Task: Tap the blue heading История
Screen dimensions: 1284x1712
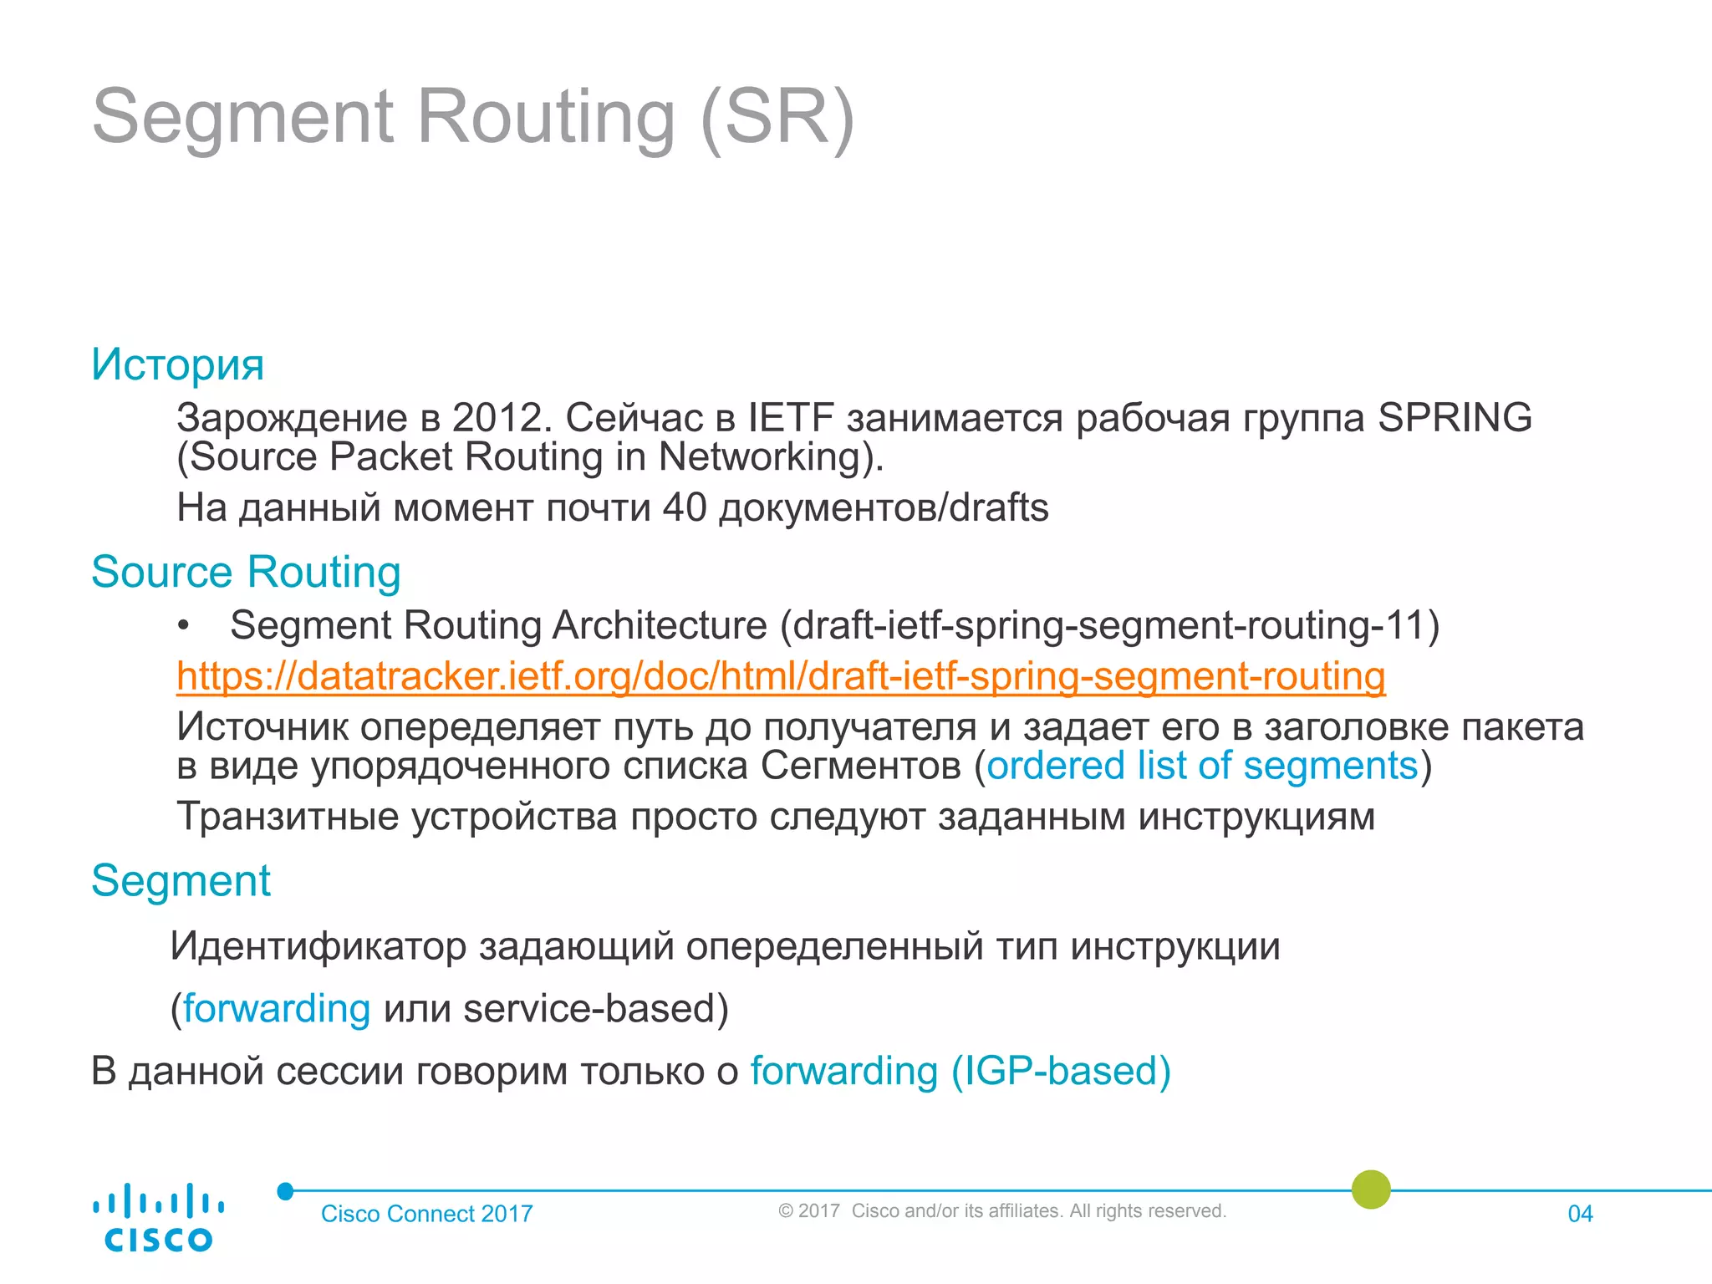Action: coord(177,364)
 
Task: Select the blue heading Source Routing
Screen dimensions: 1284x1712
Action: coord(246,573)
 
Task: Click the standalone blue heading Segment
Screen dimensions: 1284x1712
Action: coord(181,881)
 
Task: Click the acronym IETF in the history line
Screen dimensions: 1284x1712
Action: coord(790,418)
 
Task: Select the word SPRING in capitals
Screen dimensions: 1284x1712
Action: coord(1455,418)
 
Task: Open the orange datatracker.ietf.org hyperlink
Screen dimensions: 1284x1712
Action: coord(781,676)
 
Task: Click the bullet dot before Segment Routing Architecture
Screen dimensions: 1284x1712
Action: coord(184,626)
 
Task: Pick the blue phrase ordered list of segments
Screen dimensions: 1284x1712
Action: coord(1202,766)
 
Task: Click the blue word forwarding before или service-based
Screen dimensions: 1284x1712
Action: coord(277,1009)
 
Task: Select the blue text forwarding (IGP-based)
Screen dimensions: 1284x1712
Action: coord(960,1072)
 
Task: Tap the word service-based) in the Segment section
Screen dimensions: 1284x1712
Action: coord(596,1009)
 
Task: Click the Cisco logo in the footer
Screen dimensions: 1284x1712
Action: coord(158,1217)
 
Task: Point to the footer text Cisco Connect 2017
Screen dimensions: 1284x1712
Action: coord(426,1214)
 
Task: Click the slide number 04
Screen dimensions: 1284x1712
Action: coord(1580,1214)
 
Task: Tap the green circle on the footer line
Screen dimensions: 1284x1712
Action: coord(1371,1190)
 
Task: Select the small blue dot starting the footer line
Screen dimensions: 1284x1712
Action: coord(286,1191)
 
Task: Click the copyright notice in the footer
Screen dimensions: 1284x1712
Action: coord(1001,1211)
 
